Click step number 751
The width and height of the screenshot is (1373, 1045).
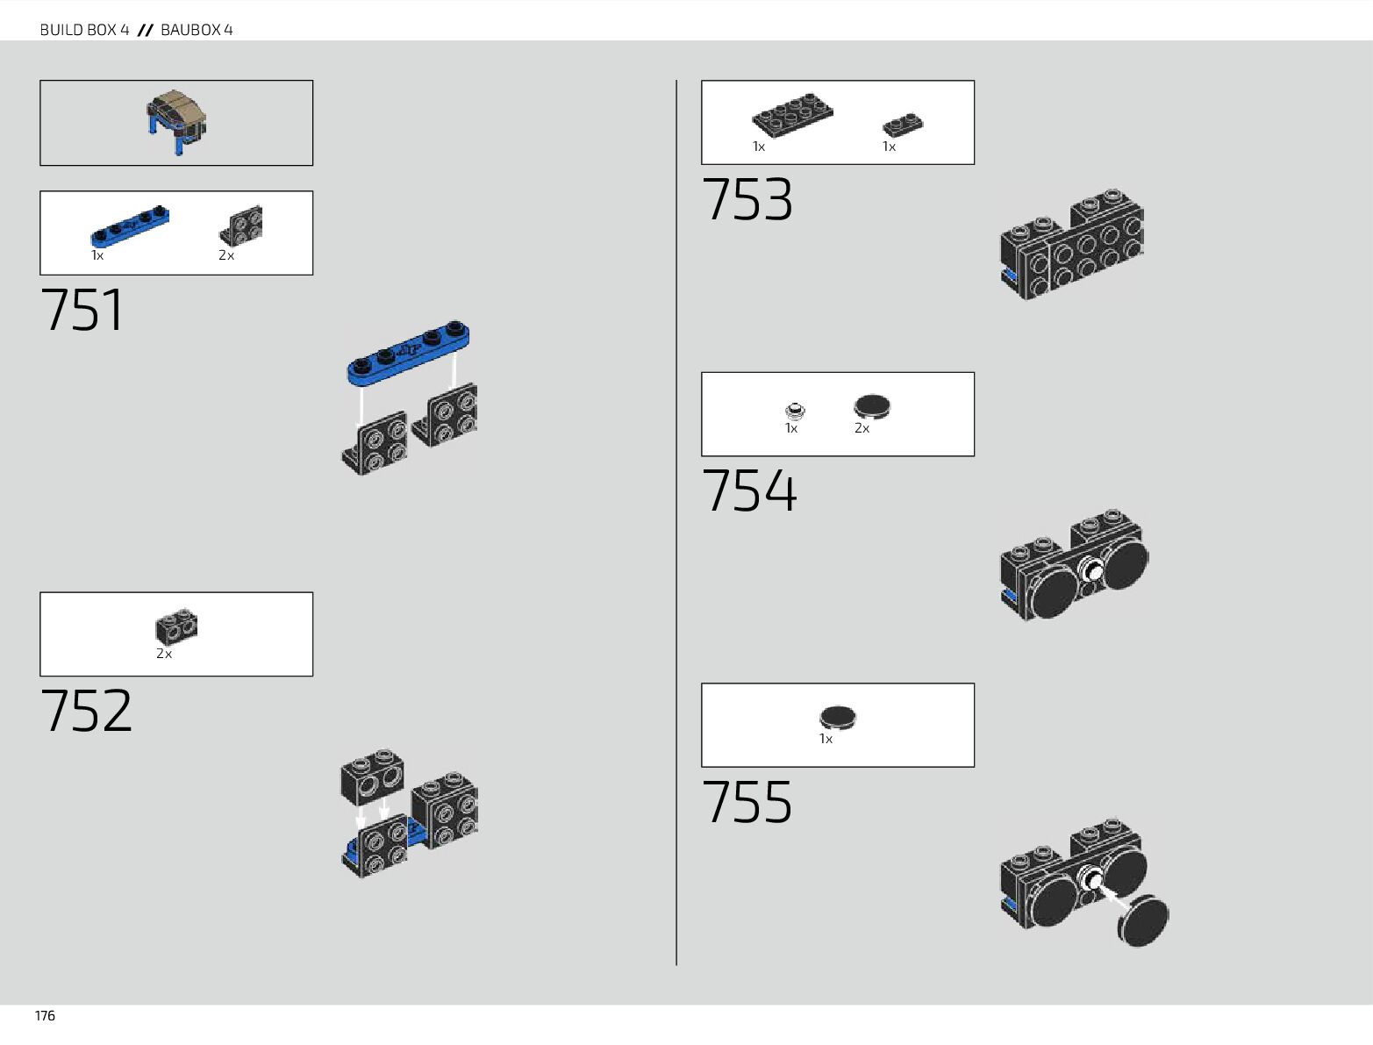point(82,310)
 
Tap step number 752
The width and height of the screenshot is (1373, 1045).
point(86,711)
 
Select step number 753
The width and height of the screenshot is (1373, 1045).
point(747,200)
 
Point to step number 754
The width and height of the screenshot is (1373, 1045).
point(749,490)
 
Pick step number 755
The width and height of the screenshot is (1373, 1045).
point(747,802)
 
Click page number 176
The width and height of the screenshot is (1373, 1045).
point(45,1016)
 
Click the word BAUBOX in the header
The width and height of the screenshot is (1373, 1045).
point(191,30)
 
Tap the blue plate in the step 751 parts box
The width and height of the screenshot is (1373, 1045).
point(129,227)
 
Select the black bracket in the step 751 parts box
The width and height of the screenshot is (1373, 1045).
point(240,225)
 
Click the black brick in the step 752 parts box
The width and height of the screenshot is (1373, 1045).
point(176,626)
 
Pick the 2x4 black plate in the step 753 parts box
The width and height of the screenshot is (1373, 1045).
point(792,114)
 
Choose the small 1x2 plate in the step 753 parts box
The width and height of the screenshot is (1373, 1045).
point(902,125)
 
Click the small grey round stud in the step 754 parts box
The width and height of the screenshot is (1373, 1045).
point(795,410)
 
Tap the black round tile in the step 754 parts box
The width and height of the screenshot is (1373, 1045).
point(871,406)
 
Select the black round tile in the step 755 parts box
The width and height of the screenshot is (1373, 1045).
point(838,717)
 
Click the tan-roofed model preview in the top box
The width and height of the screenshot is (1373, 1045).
point(176,121)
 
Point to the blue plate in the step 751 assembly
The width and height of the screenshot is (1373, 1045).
point(408,354)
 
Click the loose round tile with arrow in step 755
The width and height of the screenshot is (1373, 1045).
point(1143,920)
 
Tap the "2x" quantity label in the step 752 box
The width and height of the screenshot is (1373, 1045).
point(164,655)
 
